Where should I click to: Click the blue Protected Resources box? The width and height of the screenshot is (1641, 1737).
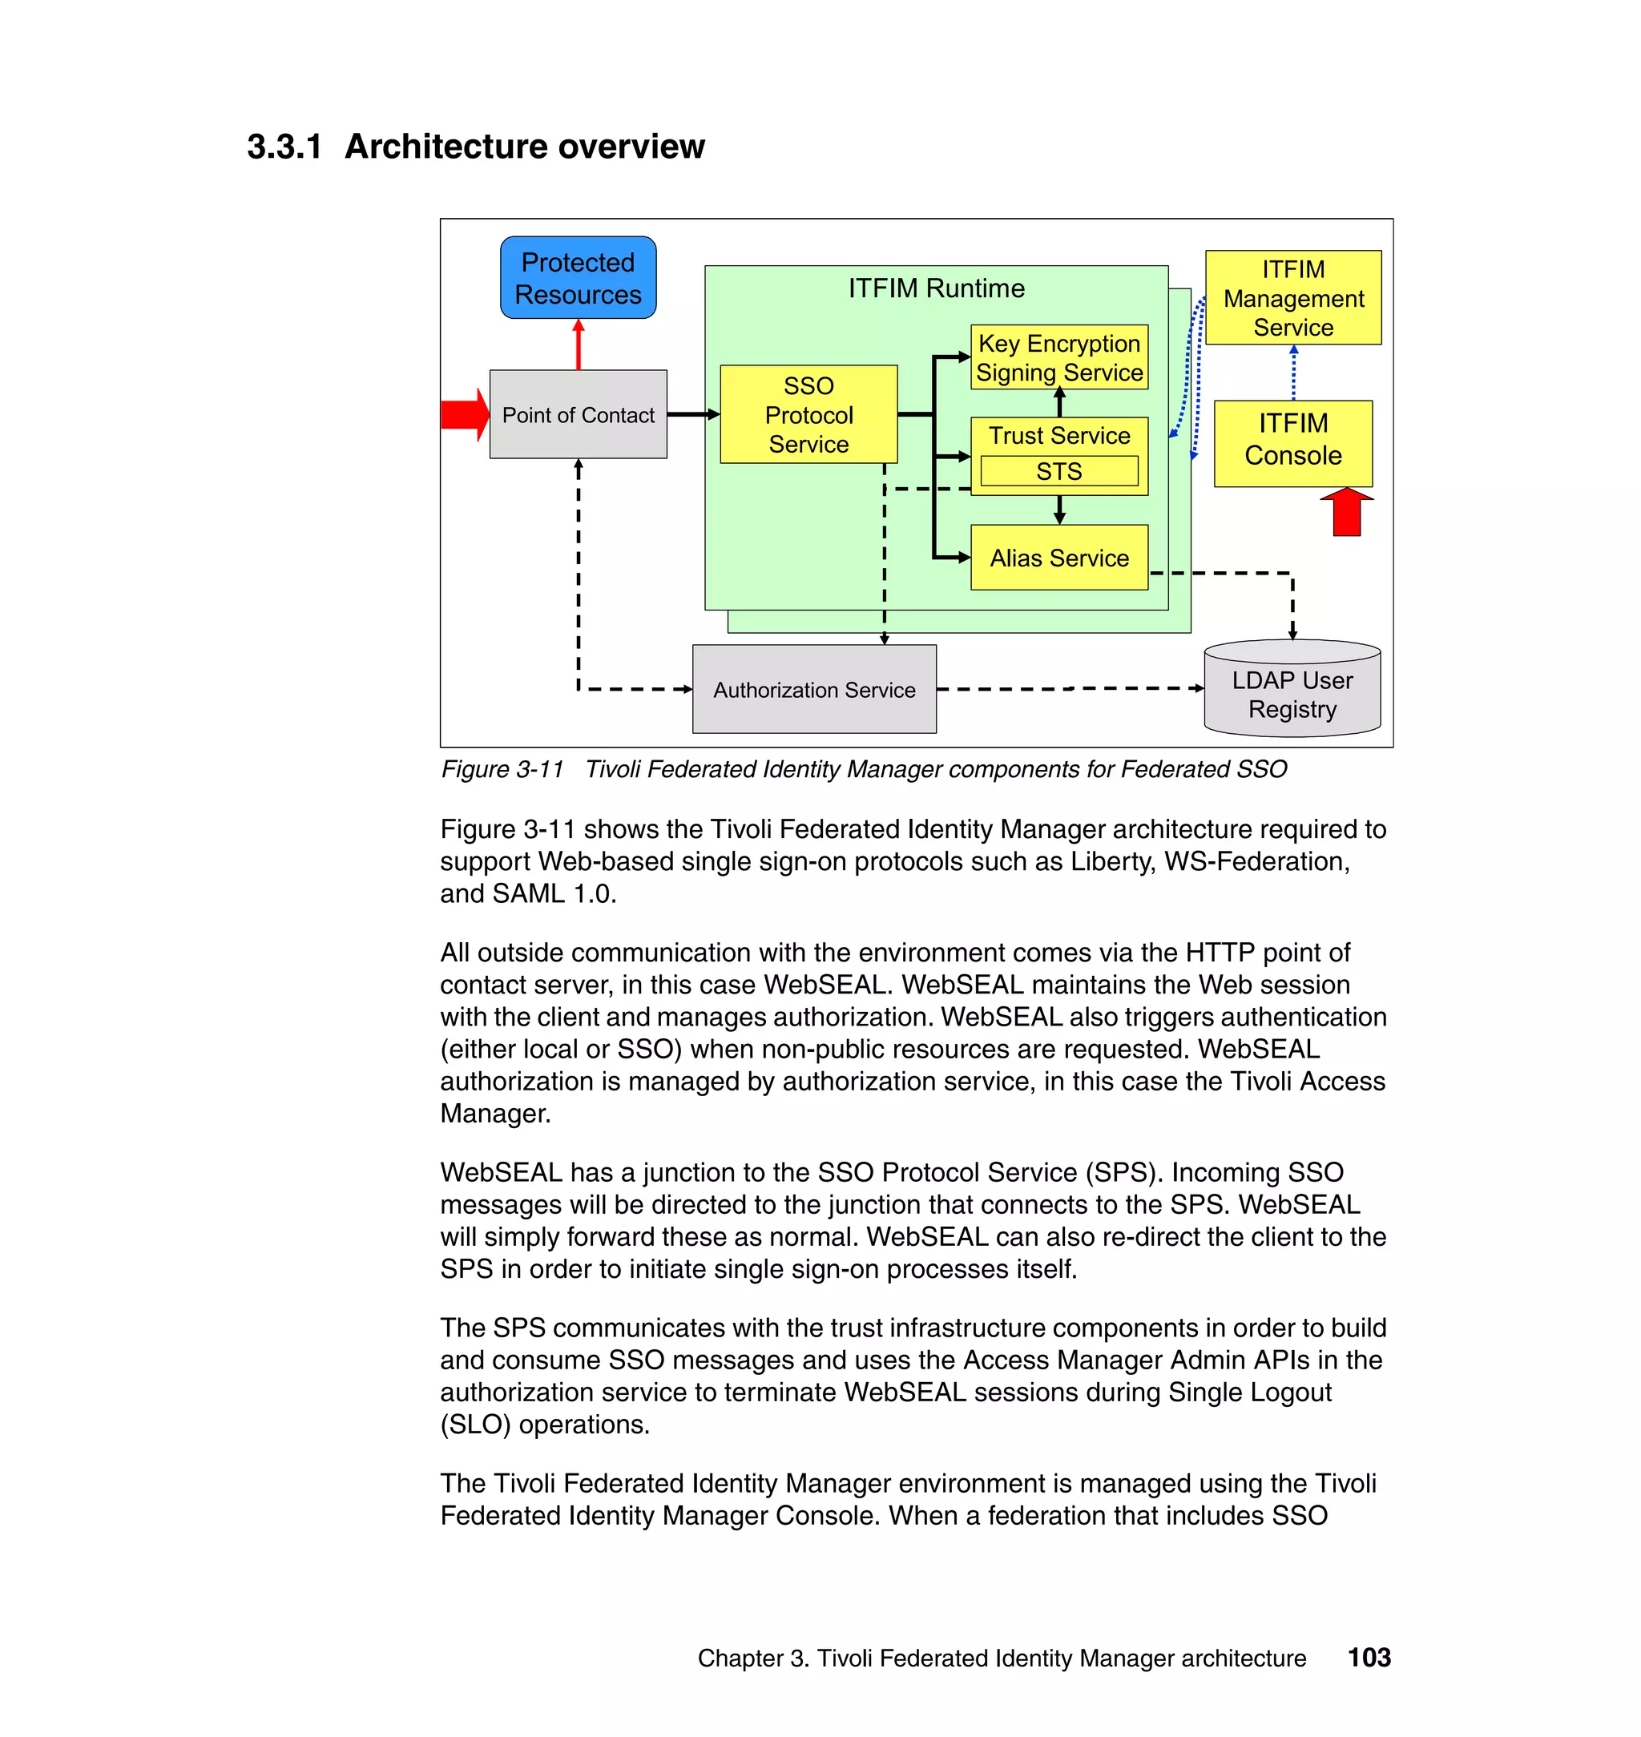(x=578, y=277)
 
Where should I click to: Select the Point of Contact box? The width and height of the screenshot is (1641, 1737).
(x=578, y=414)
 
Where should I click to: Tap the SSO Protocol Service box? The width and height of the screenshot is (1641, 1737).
(x=808, y=414)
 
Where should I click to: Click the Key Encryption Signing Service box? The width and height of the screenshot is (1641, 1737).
(x=1058, y=357)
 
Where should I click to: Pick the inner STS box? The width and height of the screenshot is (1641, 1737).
(x=1058, y=471)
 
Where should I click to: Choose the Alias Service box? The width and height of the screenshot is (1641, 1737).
(x=1058, y=558)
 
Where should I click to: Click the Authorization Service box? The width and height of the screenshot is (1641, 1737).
(x=813, y=690)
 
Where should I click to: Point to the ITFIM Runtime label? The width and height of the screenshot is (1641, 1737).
(x=936, y=288)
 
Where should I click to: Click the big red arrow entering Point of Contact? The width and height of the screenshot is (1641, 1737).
(x=464, y=414)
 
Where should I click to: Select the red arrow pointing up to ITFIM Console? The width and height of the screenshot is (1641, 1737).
(x=1346, y=513)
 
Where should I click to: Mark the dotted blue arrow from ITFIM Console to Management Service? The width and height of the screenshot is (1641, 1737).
(x=1294, y=373)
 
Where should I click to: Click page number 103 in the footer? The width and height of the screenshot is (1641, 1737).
(x=1369, y=1658)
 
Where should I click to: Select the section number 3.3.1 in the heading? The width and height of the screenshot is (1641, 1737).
(x=284, y=147)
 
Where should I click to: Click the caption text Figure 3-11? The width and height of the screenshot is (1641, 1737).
(x=502, y=770)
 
